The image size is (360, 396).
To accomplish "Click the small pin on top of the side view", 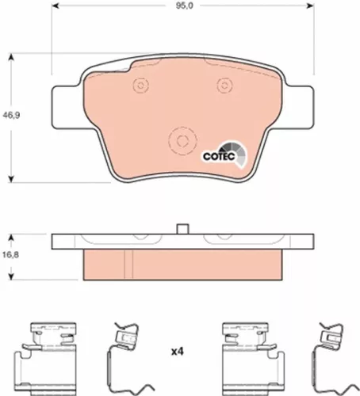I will point(182,229).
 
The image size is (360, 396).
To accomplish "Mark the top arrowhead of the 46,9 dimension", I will point(10,53).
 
